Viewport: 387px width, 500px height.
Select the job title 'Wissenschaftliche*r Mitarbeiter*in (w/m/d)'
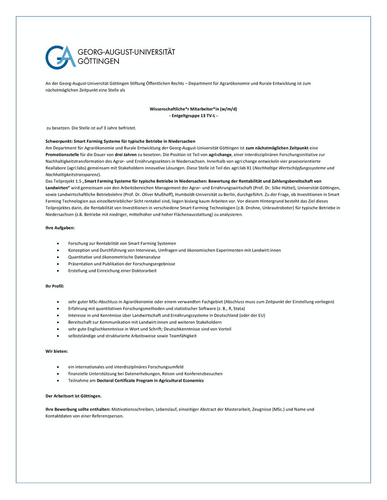(x=193, y=109)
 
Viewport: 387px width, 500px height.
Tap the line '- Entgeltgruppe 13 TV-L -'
(x=193, y=116)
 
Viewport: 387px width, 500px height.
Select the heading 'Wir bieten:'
(x=56, y=351)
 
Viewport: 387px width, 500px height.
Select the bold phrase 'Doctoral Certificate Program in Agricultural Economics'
(x=150, y=380)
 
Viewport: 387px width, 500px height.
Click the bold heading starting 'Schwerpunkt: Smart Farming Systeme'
(x=120, y=141)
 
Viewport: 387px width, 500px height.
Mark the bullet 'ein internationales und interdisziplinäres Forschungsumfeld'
(x=126, y=367)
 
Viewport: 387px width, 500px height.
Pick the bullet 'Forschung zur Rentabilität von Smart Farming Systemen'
(x=122, y=243)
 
